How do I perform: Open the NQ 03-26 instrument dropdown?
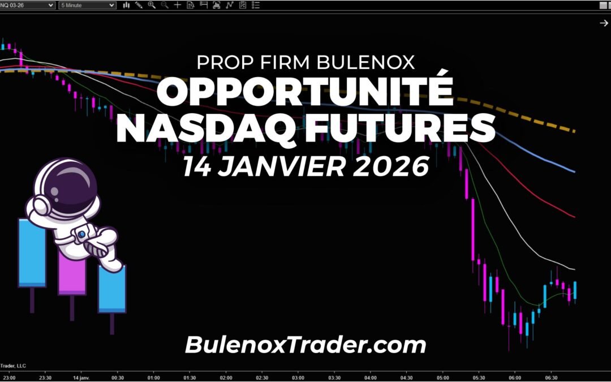coord(28,5)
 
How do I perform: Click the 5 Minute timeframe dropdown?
coord(88,5)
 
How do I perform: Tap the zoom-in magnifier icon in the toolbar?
coord(152,5)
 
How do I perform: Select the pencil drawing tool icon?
coord(139,5)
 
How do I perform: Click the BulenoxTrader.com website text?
coord(305,345)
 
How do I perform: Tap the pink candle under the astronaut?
coord(72,274)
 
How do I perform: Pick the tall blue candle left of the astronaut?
coord(32,253)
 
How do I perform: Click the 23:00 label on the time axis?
coord(10,377)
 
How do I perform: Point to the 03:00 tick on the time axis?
coord(298,377)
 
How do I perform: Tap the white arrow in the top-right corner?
coord(603,23)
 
